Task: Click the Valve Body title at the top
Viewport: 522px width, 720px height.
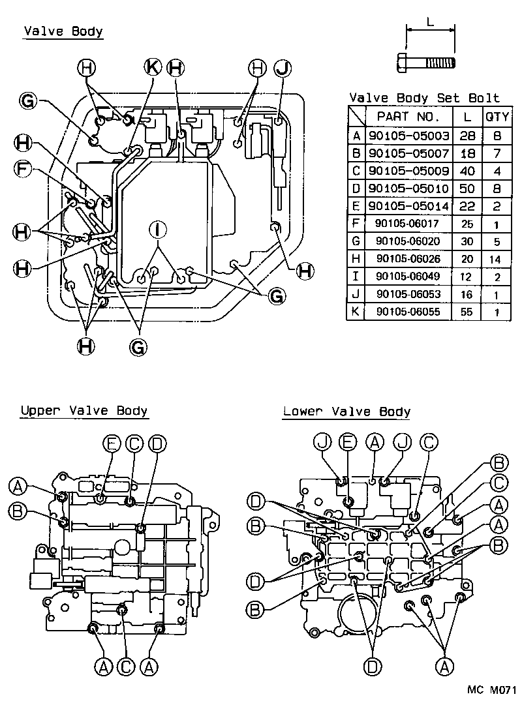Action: (63, 31)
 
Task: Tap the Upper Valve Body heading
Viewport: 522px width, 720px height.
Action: (84, 411)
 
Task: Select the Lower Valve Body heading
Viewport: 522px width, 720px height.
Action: (346, 412)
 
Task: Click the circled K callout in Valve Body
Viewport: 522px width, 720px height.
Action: (152, 67)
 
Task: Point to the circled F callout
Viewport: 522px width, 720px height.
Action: (23, 169)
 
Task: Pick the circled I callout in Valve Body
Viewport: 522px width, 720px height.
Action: (157, 229)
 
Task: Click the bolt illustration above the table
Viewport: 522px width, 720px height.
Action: (426, 63)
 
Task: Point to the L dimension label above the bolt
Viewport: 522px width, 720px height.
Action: (429, 21)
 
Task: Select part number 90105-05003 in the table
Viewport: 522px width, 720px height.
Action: (409, 136)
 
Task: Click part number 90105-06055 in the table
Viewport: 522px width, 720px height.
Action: (408, 312)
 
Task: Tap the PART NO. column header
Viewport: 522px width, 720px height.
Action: (409, 117)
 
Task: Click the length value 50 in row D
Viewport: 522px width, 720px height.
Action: (466, 188)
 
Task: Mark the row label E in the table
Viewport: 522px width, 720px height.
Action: (356, 207)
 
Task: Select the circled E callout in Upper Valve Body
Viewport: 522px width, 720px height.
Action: (112, 444)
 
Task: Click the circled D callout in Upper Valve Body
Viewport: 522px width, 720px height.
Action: (157, 444)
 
